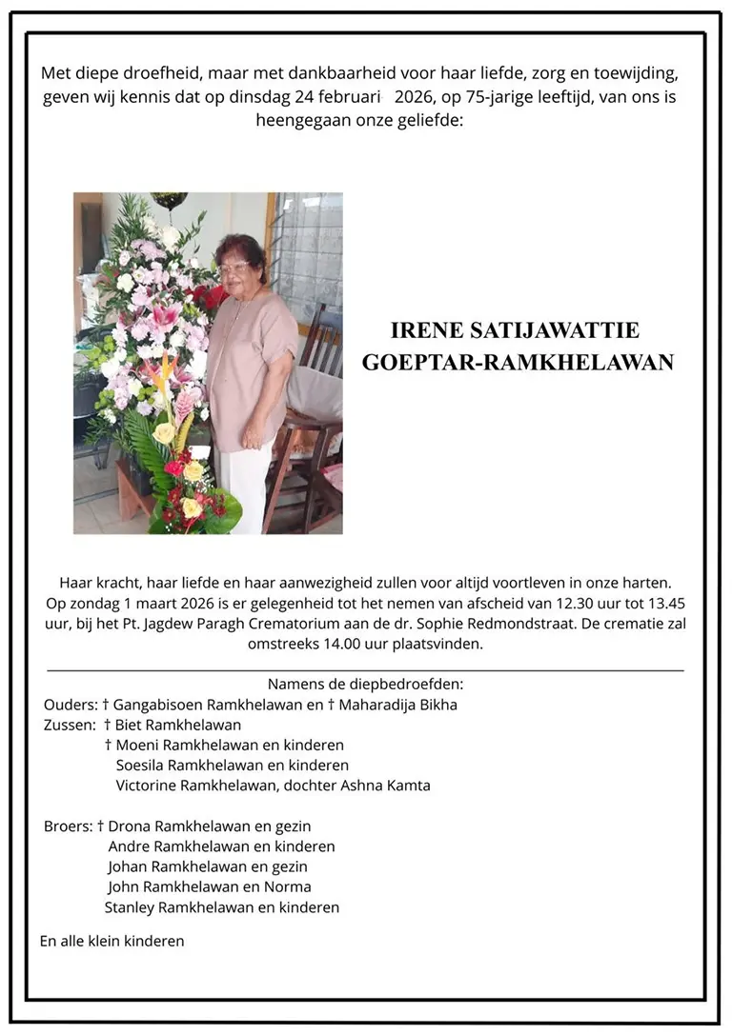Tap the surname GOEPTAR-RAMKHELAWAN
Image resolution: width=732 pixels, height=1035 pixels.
pyautogui.click(x=518, y=363)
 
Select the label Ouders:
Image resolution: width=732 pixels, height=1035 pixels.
pyautogui.click(x=71, y=705)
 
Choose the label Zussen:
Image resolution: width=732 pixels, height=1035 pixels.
pyautogui.click(x=71, y=725)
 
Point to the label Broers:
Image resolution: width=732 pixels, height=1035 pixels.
pyautogui.click(x=68, y=826)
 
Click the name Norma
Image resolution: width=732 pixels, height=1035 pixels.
pyautogui.click(x=292, y=887)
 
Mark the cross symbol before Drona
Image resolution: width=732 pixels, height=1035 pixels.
pyautogui.click(x=100, y=826)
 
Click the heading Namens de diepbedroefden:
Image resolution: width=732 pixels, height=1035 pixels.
pyautogui.click(x=365, y=684)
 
